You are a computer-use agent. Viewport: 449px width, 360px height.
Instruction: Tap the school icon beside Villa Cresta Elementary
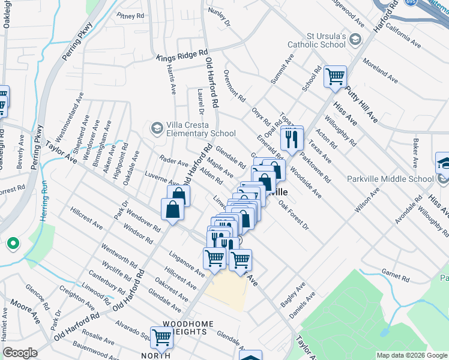(157, 128)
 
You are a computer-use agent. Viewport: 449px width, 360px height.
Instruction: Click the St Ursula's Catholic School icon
(355, 40)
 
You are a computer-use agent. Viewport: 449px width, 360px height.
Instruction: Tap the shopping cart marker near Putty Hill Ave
(335, 77)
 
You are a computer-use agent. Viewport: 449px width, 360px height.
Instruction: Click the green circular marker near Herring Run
(12, 244)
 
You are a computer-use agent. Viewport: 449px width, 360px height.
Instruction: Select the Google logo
(20, 353)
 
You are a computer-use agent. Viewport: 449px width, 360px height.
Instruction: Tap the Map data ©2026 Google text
(411, 355)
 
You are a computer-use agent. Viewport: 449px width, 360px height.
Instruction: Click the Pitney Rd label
(131, 15)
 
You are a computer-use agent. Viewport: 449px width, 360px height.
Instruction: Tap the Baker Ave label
(415, 154)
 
